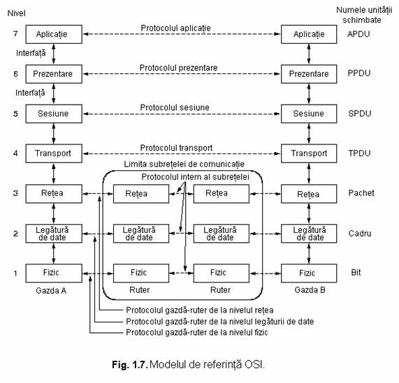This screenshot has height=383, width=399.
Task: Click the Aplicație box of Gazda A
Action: point(54,34)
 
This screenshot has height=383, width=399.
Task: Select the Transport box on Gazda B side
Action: point(309,153)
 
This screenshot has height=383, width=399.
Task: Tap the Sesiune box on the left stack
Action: point(54,114)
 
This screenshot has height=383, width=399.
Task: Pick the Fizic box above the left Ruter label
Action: point(141,273)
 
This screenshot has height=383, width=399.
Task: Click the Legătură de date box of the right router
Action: point(222,234)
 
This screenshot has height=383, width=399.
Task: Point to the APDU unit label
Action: point(358,34)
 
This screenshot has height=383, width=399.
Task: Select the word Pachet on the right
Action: point(361,193)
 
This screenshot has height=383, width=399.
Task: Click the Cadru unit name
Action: point(360,233)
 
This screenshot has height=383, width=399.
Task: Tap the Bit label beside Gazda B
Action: point(356,273)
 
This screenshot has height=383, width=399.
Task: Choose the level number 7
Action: point(15,33)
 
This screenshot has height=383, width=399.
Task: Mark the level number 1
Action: point(15,273)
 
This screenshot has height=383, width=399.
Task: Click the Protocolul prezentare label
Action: point(178,68)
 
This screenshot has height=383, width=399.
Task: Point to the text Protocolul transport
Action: point(176,148)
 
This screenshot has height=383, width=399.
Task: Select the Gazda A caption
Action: point(51,290)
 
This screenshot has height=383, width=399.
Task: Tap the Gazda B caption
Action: point(310,290)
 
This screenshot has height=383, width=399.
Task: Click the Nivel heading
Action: point(16,13)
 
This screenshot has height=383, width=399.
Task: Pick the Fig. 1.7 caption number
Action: point(130,365)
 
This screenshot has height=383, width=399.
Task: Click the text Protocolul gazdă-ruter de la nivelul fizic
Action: point(197,332)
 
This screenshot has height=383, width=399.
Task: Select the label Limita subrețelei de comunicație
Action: point(184,164)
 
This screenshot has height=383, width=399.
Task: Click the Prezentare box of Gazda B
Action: point(309,74)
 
